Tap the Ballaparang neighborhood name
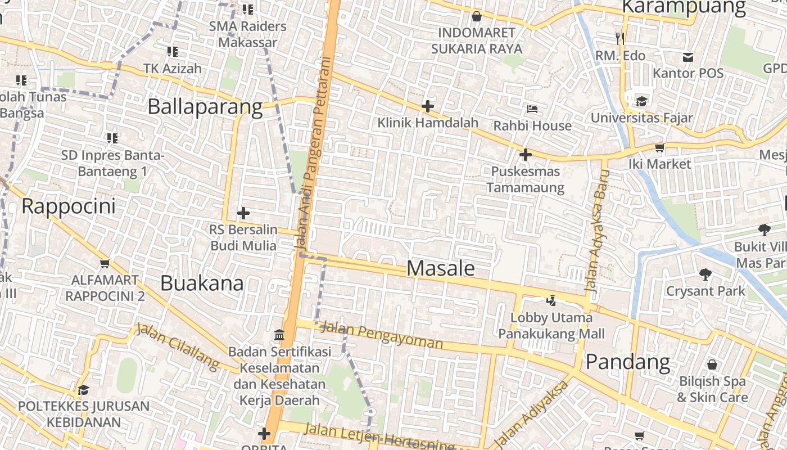pos(205,107)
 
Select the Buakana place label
pos(202,283)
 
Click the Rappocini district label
pos(69,206)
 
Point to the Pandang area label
pos(628,362)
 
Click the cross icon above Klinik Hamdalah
pos(428,106)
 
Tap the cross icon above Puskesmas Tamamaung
pos(525,154)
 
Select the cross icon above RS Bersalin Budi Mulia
pos(243,213)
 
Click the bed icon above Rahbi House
pos(532,109)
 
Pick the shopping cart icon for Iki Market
pos(659,147)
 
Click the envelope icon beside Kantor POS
pos(688,57)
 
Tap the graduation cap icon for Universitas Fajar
pos(641,101)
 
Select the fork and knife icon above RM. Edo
pos(620,38)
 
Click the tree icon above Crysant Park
pos(705,274)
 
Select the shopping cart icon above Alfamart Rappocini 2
pos(105,263)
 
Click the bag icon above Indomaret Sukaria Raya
pos(476,16)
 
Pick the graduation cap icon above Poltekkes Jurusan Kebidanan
pos(83,390)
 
